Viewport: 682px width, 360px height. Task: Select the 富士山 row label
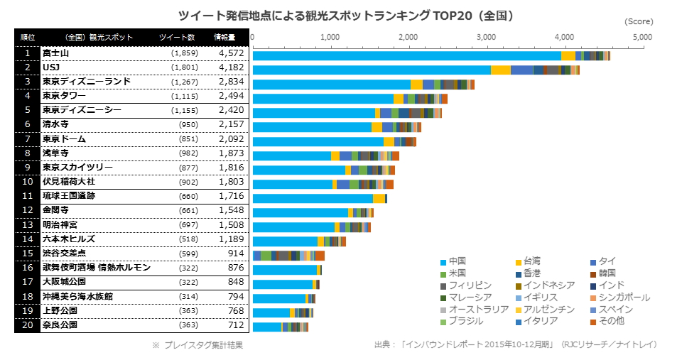[55, 53]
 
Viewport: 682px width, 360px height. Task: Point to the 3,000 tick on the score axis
[486, 36]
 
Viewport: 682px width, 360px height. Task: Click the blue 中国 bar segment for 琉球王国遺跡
[313, 198]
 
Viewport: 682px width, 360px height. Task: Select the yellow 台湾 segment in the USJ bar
[501, 70]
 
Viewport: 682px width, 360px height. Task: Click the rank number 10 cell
[27, 182]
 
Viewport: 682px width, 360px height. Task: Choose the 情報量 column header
[226, 37]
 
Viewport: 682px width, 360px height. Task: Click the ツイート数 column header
[178, 37]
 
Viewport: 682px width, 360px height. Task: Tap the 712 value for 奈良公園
[234, 325]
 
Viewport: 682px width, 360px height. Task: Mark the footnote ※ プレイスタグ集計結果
[197, 345]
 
